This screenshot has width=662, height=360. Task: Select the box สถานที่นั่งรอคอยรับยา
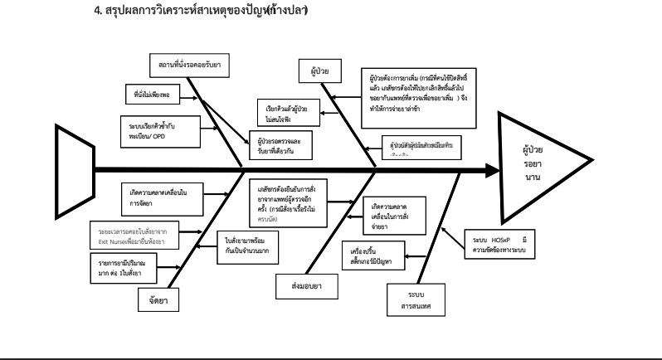(x=190, y=64)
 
